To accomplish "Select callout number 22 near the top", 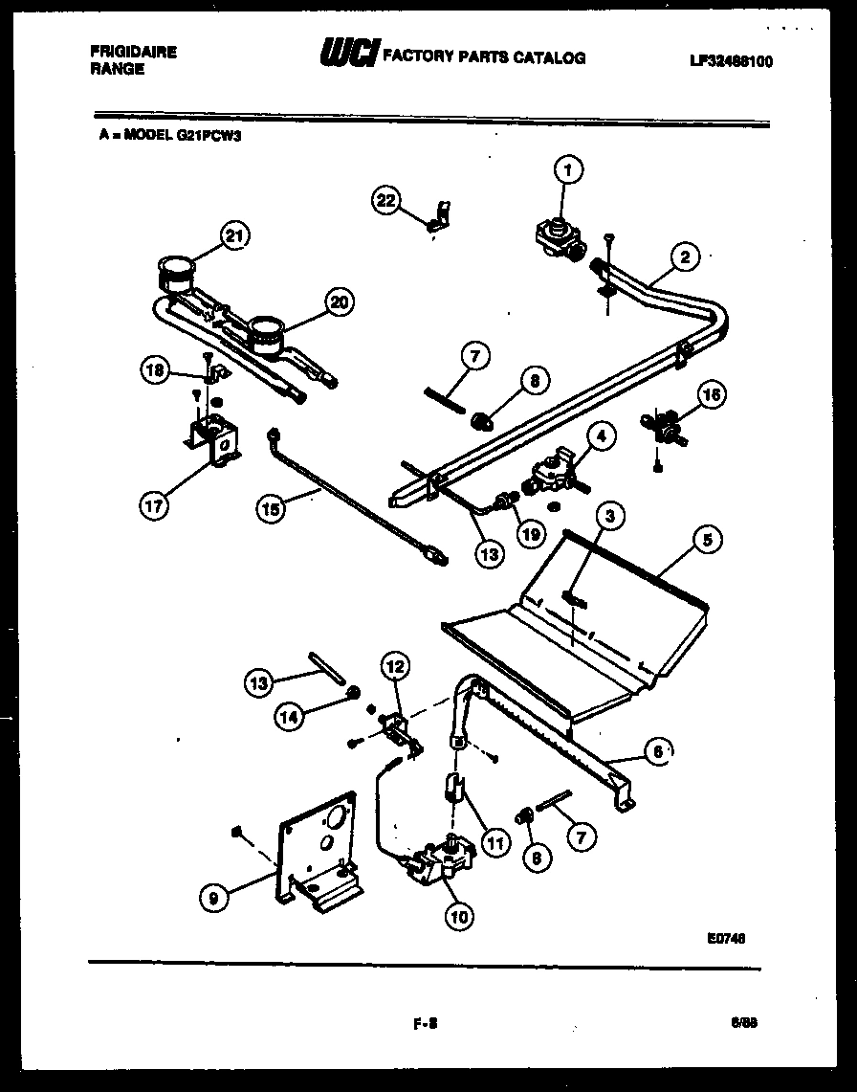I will [x=385, y=200].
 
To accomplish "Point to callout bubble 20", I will [x=338, y=303].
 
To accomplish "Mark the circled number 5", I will [x=706, y=541].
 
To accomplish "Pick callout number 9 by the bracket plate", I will [x=216, y=897].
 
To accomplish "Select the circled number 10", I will [x=458, y=915].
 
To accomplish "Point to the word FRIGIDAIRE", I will [x=133, y=53].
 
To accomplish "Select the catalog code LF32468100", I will [x=731, y=62].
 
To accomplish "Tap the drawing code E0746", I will [x=726, y=939].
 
